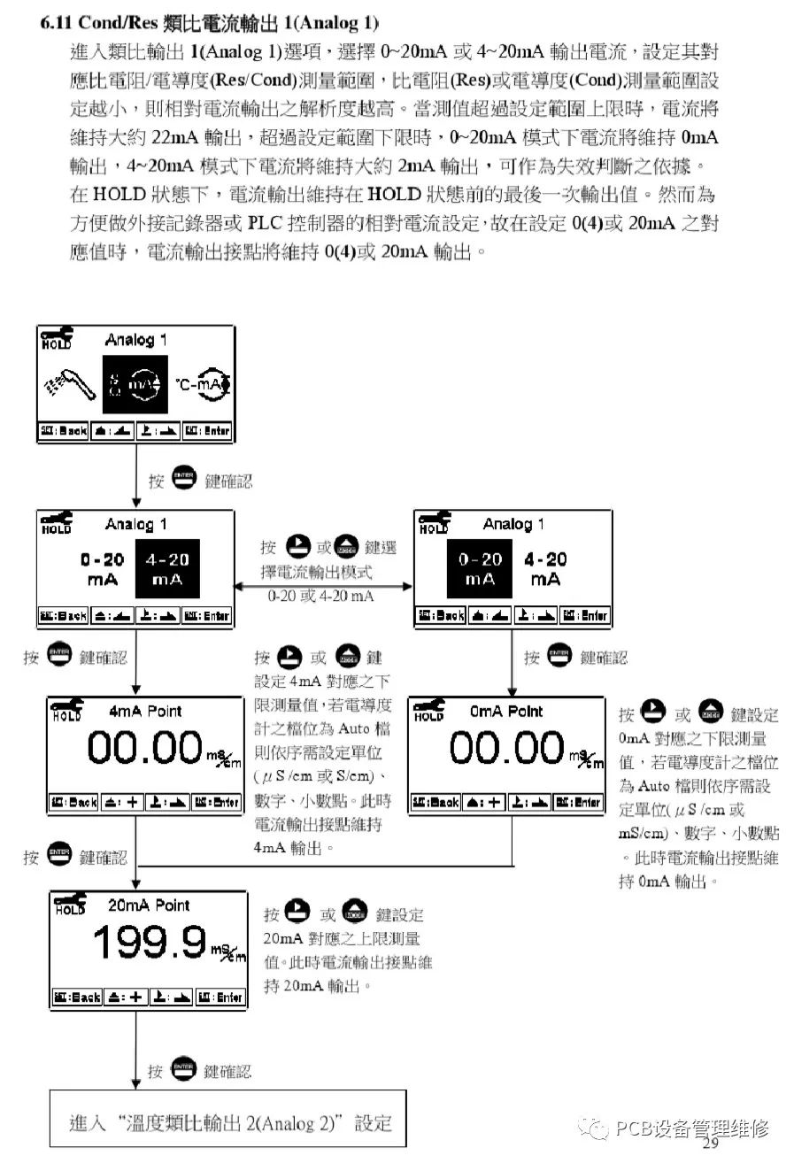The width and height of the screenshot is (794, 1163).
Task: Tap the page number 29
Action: tap(711, 1144)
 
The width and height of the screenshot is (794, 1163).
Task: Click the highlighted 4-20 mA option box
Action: tap(167, 568)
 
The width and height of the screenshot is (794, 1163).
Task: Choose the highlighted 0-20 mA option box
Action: tap(481, 568)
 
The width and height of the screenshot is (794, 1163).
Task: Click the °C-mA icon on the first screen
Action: tap(201, 384)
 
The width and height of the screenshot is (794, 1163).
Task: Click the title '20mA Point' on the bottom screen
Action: tap(149, 905)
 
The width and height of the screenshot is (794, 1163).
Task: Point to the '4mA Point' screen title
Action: tap(146, 712)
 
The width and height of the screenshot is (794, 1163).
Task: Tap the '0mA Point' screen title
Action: tap(506, 712)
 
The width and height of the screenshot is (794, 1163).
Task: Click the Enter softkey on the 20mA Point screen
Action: tap(220, 997)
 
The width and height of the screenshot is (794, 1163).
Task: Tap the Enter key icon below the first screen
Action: tap(184, 480)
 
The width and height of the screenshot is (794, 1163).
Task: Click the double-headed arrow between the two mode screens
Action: tap(322, 585)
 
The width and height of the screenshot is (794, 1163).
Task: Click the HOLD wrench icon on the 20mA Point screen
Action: tap(71, 903)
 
